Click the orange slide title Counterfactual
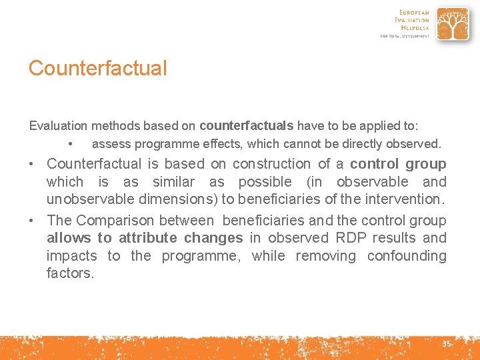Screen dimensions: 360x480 97,68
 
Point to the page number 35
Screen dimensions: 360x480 447,344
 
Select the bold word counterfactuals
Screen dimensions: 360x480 247,125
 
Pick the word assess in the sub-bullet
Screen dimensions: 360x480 109,143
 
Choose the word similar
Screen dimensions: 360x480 173,182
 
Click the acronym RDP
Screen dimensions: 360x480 349,238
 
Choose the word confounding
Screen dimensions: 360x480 407,256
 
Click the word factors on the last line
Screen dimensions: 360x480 70,273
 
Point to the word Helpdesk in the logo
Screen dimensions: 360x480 415,28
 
